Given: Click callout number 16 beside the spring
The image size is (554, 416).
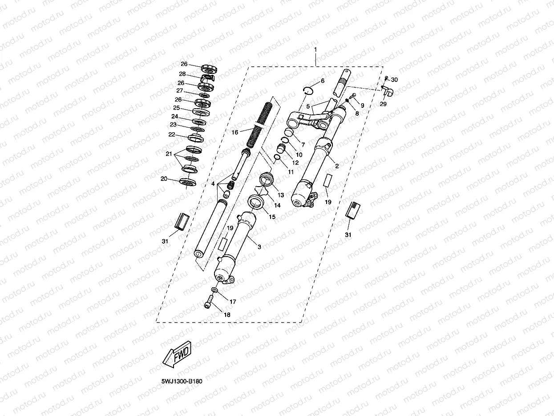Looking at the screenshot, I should click(235, 132).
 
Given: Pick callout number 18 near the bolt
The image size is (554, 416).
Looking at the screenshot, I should click(227, 314).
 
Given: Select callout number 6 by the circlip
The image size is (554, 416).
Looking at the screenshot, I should click(323, 81).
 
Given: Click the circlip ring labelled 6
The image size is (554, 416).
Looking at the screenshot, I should click(308, 88).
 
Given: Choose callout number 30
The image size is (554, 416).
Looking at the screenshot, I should click(395, 80).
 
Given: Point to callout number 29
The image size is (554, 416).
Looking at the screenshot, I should click(384, 104).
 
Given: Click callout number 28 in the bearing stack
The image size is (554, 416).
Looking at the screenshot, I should click(182, 74).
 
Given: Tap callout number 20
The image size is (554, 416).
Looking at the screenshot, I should click(164, 179).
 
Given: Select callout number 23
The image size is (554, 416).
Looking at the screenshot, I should click(173, 125).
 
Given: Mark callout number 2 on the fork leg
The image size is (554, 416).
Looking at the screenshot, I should click(337, 166).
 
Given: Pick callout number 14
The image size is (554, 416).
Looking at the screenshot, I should click(277, 205).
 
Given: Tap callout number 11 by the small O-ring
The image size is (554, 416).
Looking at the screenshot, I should click(291, 171).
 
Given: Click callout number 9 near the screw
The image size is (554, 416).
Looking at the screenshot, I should click(362, 106).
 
